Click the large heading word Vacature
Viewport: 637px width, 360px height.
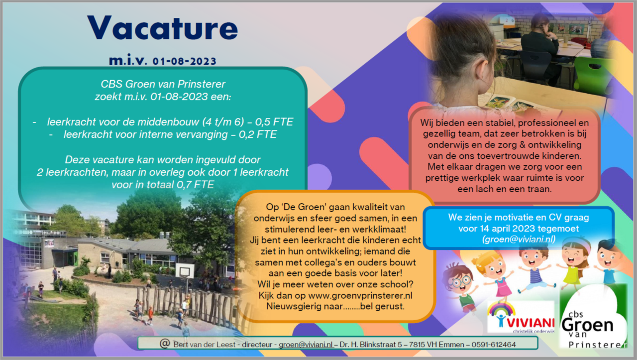coord(162,28)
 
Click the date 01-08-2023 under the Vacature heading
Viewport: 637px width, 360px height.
coord(185,61)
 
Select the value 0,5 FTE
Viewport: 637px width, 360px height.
coord(274,122)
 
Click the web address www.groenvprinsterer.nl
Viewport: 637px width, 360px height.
coord(360,295)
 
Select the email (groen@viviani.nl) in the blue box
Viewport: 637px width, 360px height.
coord(519,240)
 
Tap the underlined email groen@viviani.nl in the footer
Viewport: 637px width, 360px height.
coord(306,345)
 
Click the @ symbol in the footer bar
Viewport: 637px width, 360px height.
coord(165,344)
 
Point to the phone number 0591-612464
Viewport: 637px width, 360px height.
coord(494,345)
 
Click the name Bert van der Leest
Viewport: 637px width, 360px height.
coord(204,345)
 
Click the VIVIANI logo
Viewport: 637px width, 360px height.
coord(521,317)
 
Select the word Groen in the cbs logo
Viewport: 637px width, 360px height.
coord(588,325)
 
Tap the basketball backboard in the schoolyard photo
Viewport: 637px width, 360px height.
coord(185,271)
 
